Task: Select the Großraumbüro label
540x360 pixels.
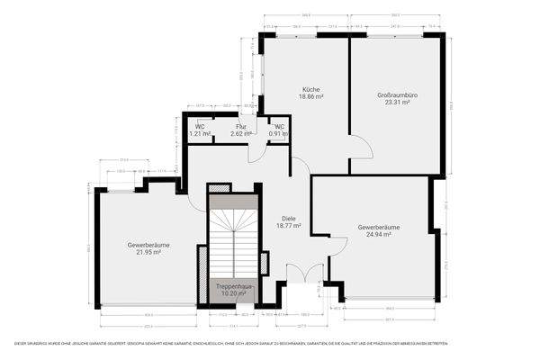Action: click(x=393, y=95)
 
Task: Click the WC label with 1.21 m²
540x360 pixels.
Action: click(x=200, y=127)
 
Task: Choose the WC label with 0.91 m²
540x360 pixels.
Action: click(x=280, y=127)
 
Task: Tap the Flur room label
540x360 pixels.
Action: click(x=240, y=127)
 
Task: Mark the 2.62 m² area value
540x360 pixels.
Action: click(x=240, y=134)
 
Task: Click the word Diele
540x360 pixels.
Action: click(x=288, y=219)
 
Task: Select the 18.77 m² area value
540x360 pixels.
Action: click(x=288, y=227)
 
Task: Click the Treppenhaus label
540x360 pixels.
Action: click(x=232, y=285)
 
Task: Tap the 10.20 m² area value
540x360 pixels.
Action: click(x=232, y=293)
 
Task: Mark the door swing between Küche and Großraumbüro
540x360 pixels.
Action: click(x=357, y=148)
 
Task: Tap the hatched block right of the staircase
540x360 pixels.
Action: click(x=264, y=262)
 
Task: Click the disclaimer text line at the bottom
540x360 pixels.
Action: click(x=270, y=344)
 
